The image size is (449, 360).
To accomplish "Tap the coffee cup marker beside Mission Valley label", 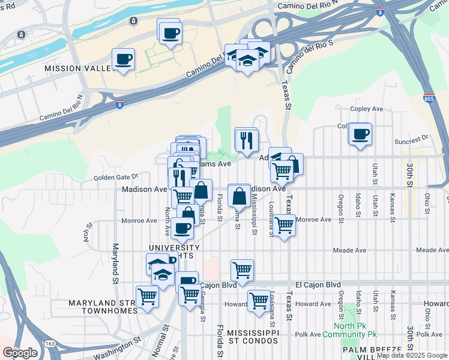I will click(123, 59).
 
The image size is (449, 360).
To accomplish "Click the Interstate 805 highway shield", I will click(429, 97).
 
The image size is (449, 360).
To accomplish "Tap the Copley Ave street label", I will click(366, 109).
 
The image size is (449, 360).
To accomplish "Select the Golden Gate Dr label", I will click(116, 177).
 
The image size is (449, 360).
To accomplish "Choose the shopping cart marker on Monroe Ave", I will click(285, 225).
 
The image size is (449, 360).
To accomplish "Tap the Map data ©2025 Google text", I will click(412, 356).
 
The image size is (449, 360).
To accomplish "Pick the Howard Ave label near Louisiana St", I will click(313, 304).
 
